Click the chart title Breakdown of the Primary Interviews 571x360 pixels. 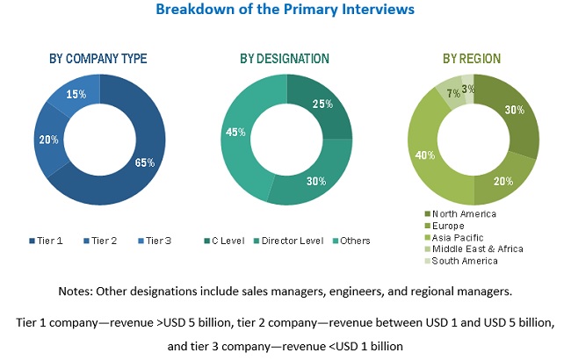click(x=285, y=11)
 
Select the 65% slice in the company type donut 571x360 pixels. click(x=146, y=162)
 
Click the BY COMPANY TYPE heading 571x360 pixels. click(x=98, y=59)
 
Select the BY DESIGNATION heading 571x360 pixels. click(x=285, y=59)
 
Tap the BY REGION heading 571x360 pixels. click(x=472, y=59)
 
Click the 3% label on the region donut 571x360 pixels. click(x=470, y=89)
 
